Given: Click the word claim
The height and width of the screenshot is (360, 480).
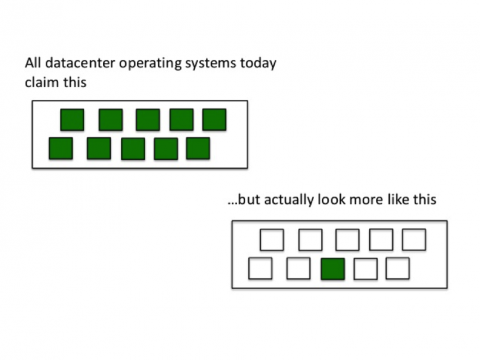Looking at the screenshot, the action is click(42, 82).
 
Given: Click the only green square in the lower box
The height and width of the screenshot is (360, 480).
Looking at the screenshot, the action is click(333, 269).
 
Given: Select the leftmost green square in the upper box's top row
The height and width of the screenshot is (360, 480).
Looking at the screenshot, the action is click(72, 120).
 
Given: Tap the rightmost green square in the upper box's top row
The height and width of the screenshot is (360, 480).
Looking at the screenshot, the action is click(214, 119).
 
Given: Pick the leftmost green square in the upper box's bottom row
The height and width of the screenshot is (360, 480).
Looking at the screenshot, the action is click(61, 148).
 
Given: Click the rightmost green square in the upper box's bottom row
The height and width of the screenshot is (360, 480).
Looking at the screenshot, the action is click(198, 148).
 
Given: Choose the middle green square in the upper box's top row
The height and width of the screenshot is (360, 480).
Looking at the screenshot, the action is click(148, 120).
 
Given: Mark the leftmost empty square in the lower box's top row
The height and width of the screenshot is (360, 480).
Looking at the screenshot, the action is click(272, 240).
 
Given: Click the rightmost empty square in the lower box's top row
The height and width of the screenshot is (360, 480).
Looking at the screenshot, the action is click(414, 240).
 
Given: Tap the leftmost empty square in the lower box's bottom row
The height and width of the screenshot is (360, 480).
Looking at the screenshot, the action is click(260, 269).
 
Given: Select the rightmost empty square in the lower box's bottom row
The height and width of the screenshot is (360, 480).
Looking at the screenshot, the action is click(398, 269).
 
